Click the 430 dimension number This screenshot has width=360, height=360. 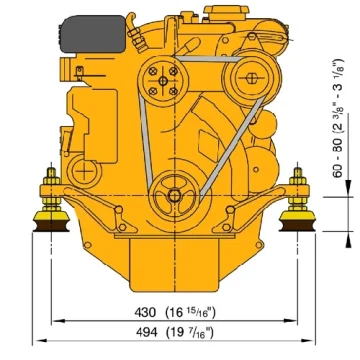[x=145, y=312]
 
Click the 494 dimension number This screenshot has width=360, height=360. [x=146, y=332]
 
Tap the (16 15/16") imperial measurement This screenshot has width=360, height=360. [x=191, y=312]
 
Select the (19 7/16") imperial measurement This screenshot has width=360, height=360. [x=189, y=332]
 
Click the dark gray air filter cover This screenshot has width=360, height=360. [x=92, y=34]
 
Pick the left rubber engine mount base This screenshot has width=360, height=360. [x=51, y=223]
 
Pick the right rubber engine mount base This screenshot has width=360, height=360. [x=297, y=223]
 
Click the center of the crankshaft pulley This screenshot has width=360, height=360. [x=174, y=195]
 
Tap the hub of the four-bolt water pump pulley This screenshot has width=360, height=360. [x=163, y=81]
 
